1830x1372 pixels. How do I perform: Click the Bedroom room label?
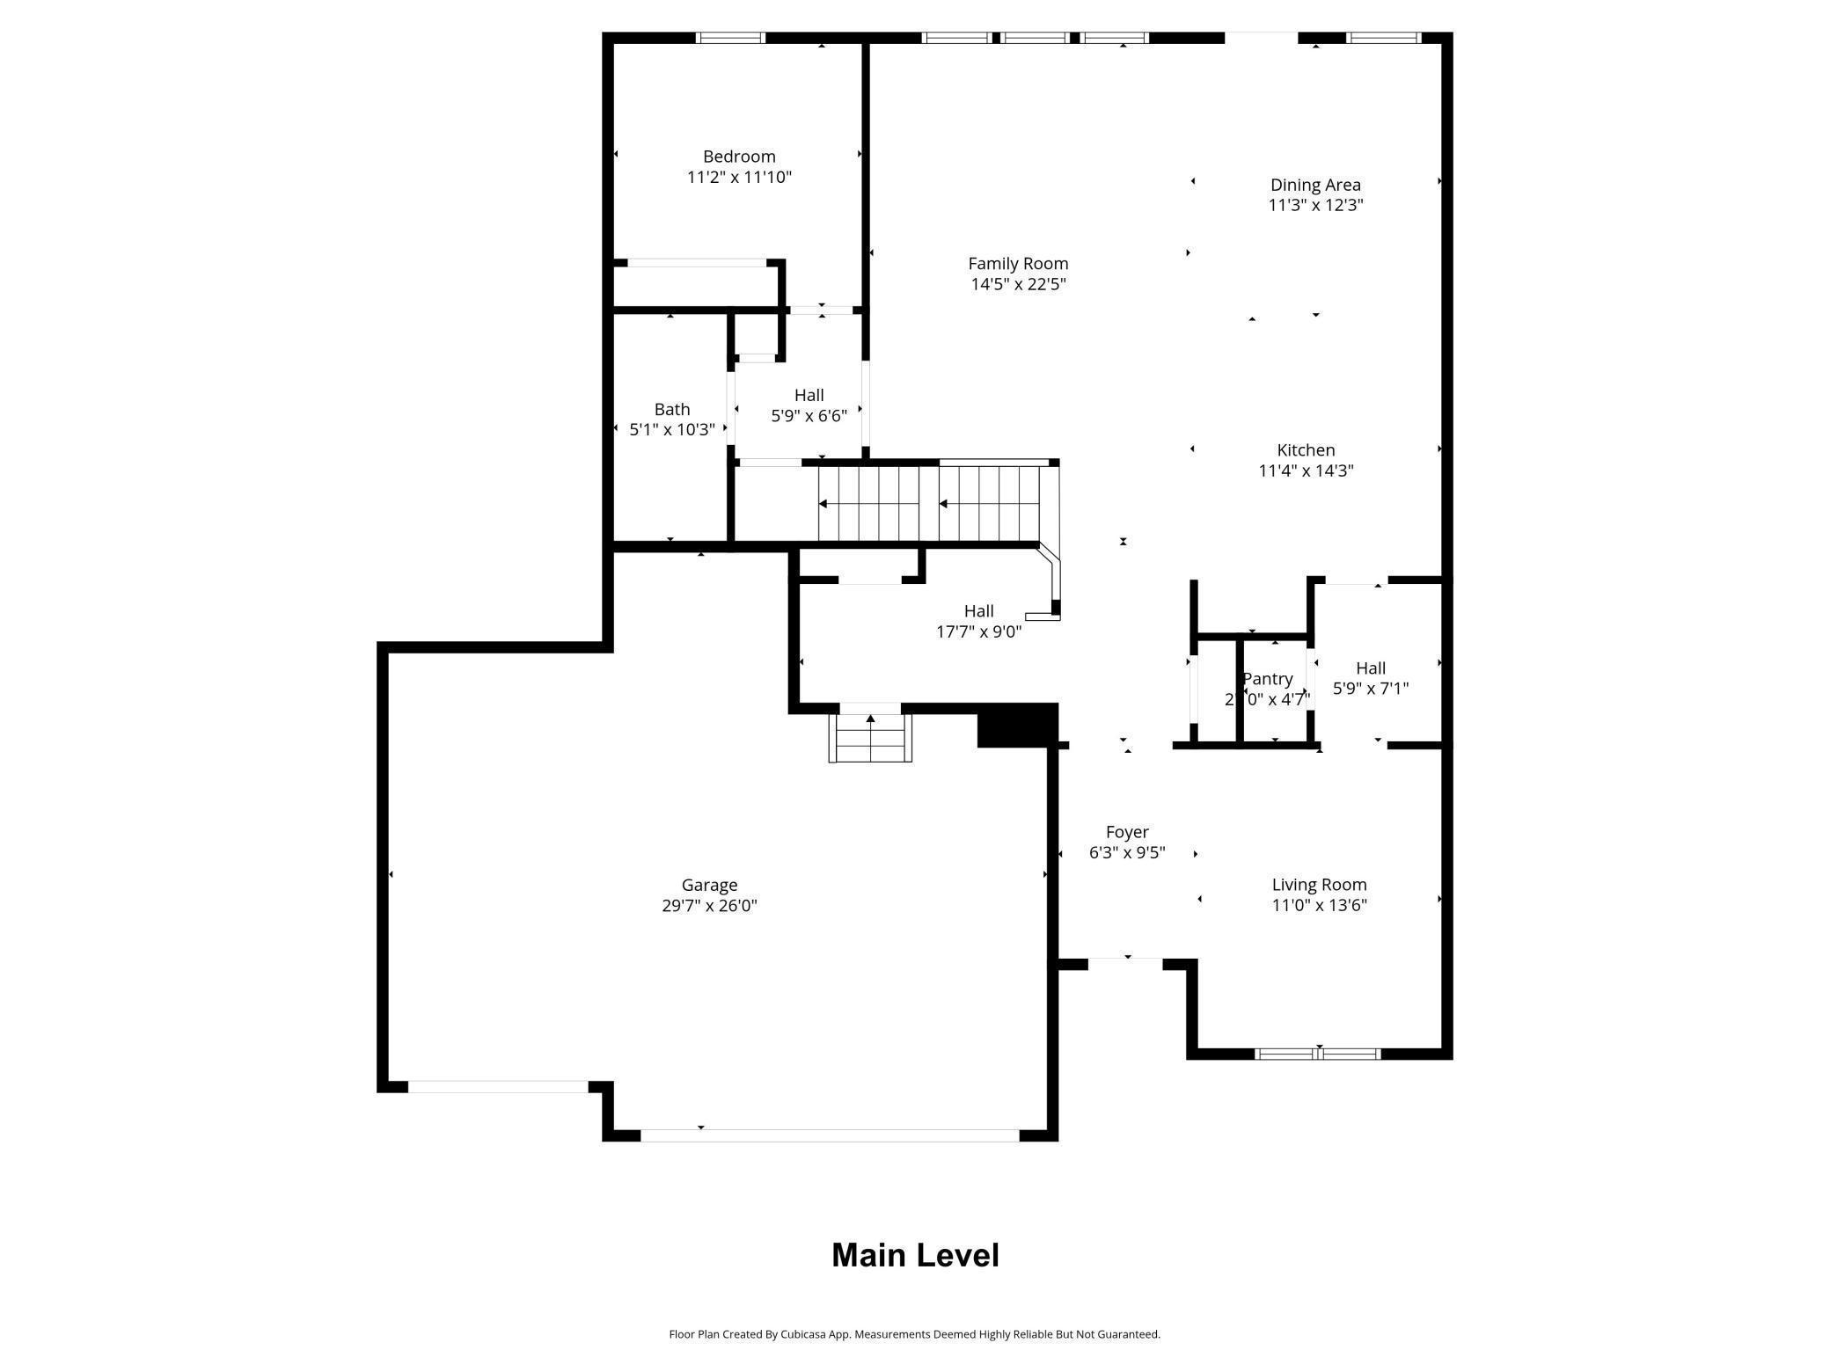(x=738, y=157)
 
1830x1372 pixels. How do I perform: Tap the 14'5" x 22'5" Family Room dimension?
(x=1018, y=284)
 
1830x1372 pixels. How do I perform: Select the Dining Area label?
(x=1314, y=185)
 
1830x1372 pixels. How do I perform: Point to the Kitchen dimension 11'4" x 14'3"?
(x=1305, y=471)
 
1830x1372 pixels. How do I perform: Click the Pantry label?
(x=1266, y=679)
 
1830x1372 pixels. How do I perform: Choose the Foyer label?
(x=1126, y=832)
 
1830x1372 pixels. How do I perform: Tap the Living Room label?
(x=1318, y=885)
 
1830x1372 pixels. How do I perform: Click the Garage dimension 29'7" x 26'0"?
(x=708, y=906)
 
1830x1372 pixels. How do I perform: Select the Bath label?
(x=671, y=409)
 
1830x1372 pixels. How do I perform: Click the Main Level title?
(x=914, y=1255)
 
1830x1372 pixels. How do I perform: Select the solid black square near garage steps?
(x=1016, y=726)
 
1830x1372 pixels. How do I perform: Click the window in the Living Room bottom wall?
(x=1316, y=1054)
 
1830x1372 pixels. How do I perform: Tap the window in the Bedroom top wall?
(x=729, y=38)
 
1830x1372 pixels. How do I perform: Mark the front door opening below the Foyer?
(x=1125, y=964)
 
